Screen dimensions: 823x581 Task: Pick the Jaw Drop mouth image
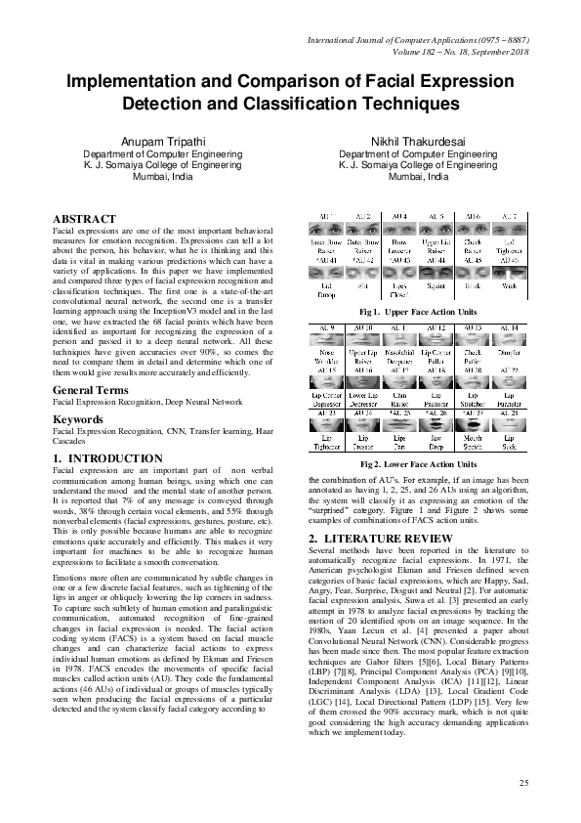pyautogui.click(x=436, y=426)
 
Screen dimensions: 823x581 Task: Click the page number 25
pyautogui.click(x=523, y=783)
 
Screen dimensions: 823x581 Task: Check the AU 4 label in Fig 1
pyautogui.click(x=399, y=215)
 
